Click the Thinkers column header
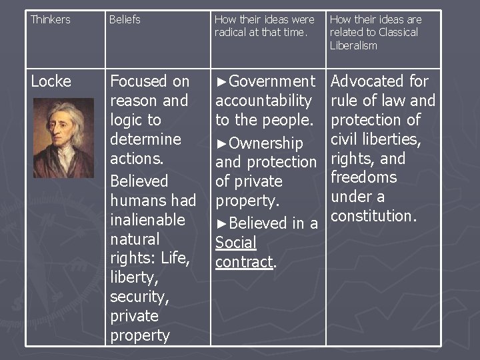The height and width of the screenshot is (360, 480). pos(51,20)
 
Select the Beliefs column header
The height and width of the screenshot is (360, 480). pos(125,20)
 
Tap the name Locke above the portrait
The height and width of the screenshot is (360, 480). pos(51,81)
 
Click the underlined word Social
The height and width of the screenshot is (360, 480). pos(235,243)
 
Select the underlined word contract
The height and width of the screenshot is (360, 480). pos(244,262)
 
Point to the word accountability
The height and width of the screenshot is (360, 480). pos(263,101)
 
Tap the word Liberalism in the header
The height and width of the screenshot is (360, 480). pos(353,45)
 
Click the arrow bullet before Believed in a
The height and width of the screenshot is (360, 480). pos(221,223)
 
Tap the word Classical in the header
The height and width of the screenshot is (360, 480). pos(397,33)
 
